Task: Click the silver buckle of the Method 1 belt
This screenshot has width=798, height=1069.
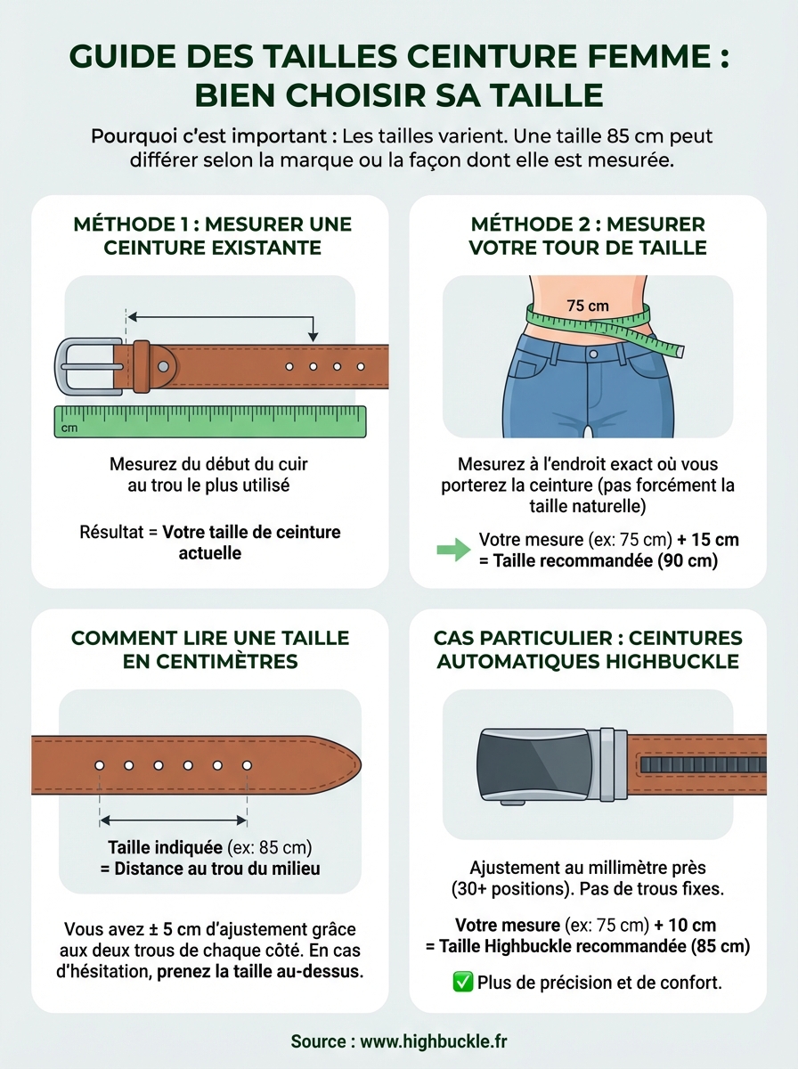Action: coord(89,366)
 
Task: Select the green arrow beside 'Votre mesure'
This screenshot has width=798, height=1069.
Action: coord(453,550)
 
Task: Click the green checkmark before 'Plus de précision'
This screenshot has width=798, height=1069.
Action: coord(462,983)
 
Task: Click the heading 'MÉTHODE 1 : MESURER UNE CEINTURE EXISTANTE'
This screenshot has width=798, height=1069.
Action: coord(212,236)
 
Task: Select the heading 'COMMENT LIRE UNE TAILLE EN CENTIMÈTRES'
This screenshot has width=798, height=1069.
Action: coord(210,650)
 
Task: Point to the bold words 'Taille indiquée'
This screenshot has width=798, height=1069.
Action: coord(166,847)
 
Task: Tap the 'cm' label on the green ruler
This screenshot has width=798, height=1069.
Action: coord(69,428)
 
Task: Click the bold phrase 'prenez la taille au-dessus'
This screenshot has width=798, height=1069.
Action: coord(259,971)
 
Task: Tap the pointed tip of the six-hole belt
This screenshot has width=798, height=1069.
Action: coord(353,765)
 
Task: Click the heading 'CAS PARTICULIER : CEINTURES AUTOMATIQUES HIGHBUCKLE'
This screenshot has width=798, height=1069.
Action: coord(588,650)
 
